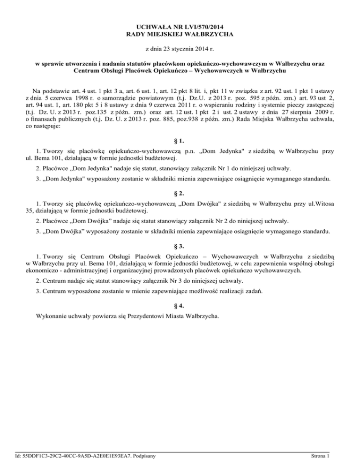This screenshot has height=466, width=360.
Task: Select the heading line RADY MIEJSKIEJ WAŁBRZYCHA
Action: (x=180, y=34)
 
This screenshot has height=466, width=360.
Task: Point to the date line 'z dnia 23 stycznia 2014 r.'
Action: (x=180, y=49)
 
